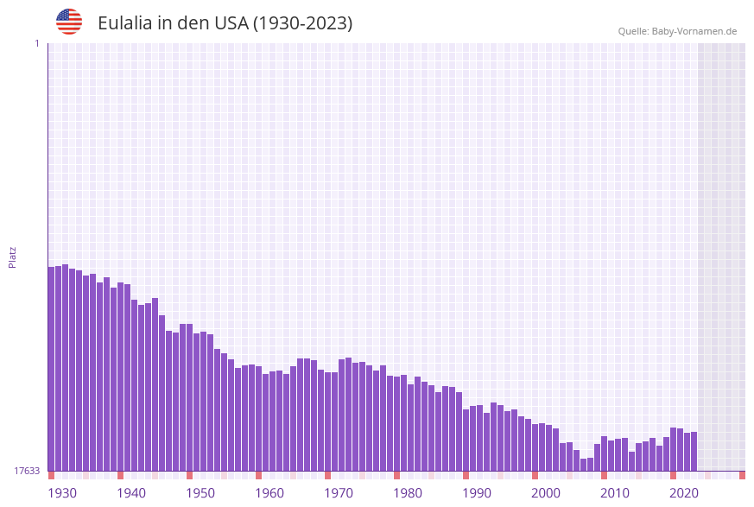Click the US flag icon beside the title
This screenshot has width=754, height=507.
(x=69, y=22)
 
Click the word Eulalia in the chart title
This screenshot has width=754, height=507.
(x=125, y=23)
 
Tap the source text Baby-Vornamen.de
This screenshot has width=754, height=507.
(x=694, y=31)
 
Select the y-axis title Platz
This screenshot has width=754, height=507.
(x=13, y=257)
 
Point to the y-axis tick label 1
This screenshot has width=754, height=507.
(x=36, y=43)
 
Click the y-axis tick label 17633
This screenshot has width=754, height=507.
(x=27, y=471)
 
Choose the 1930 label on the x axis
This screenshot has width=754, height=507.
(x=62, y=493)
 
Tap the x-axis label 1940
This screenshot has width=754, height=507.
(x=131, y=493)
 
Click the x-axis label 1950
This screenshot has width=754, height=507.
(x=200, y=493)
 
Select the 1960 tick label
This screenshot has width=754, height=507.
(x=269, y=493)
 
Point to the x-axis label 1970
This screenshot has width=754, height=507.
(x=339, y=493)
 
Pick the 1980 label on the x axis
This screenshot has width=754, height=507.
(x=408, y=493)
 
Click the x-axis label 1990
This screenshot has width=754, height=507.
(x=477, y=493)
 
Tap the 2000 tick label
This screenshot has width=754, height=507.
(x=546, y=493)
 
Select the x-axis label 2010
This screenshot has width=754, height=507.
(x=615, y=493)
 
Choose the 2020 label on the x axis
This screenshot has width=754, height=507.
(x=684, y=493)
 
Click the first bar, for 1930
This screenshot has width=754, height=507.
(x=51, y=369)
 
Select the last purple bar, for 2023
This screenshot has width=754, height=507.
(x=694, y=451)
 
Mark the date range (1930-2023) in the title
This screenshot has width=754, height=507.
(x=302, y=23)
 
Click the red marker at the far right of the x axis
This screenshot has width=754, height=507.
(x=742, y=475)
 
